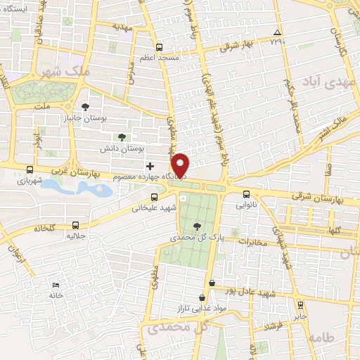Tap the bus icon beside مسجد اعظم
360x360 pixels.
pos(159,48)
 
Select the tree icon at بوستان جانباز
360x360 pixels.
pos(85,107)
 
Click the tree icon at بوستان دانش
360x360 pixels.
pos(122,137)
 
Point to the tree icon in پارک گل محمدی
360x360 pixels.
pos(196,226)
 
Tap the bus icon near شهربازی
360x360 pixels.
pos(29,169)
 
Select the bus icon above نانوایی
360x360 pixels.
pos(246,194)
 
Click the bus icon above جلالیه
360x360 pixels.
pos(75,225)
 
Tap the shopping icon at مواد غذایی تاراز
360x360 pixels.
pos(212,282)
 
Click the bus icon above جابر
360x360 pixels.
pos(301,304)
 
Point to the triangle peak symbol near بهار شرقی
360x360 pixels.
pos(278,33)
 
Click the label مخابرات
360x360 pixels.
pos(253,243)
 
